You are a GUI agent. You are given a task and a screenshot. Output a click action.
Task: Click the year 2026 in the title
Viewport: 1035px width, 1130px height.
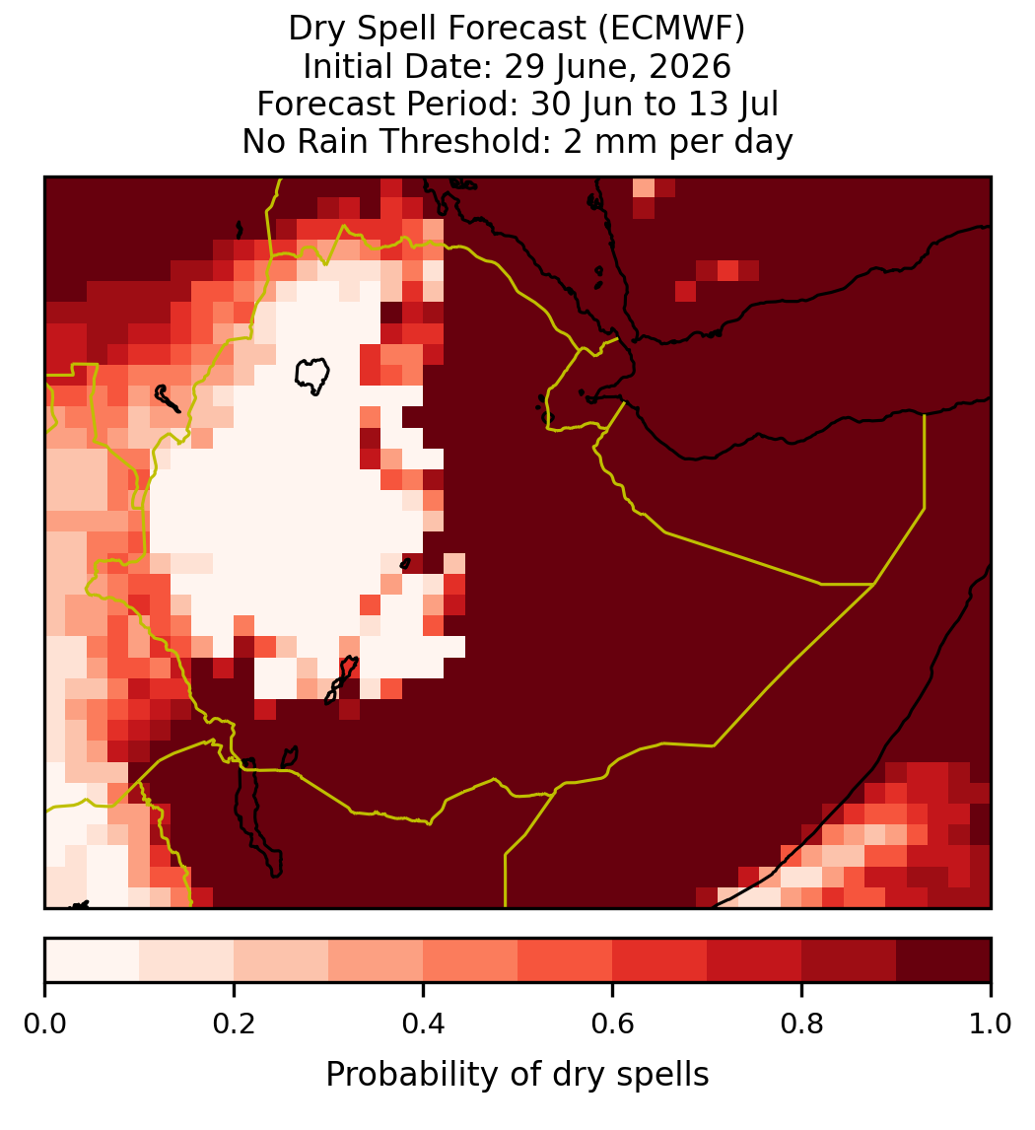pos(690,66)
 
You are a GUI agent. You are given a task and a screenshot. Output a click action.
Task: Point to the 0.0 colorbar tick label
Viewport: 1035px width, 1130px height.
pos(45,1024)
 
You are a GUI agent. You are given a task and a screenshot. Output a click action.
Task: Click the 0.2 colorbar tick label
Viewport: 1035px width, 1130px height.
pos(234,1024)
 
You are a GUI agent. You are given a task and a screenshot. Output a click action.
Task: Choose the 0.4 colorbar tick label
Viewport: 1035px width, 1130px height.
pos(424,1024)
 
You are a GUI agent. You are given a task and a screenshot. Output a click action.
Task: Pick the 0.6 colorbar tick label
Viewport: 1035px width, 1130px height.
pos(612,1024)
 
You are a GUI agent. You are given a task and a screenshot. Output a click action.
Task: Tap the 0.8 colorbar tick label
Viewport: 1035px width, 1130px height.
pos(801,1024)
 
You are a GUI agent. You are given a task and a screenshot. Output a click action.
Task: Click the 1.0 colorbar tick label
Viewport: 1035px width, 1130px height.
pos(991,1024)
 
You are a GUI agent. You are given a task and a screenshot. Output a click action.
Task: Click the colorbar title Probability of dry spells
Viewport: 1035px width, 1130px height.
pos(517,1075)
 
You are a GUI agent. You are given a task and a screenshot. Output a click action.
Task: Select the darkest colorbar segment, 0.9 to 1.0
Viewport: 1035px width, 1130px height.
pos(943,959)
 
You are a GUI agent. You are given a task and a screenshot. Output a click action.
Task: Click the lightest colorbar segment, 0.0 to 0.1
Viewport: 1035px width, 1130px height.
pos(93,959)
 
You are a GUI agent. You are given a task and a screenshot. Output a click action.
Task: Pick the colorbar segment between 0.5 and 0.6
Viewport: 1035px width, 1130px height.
pos(565,959)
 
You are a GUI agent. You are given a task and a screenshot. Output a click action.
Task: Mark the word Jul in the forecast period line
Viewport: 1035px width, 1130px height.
pos(757,104)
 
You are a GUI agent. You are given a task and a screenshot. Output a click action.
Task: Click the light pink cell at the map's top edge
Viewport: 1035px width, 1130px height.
pos(644,186)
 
